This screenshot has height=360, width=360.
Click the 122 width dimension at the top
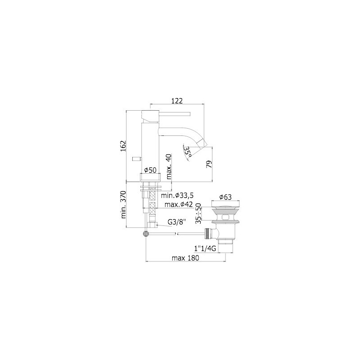tap(177, 101)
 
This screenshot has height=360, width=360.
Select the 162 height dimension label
tap(123, 145)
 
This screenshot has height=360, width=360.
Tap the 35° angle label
tap(188, 152)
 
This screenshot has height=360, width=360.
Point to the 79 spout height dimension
tap(209, 164)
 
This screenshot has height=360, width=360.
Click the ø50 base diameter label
tap(150, 170)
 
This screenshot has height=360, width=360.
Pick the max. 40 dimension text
tap(169, 166)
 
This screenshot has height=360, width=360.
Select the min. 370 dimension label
tap(123, 205)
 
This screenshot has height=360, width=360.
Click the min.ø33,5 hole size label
tap(177, 195)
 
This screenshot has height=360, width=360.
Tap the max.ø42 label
tap(179, 204)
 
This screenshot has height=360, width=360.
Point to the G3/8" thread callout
tap(176, 222)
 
